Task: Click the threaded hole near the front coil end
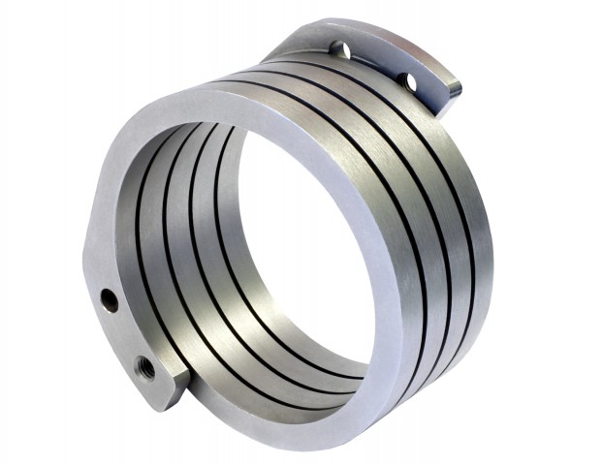[x=143, y=366]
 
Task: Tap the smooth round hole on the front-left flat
[x=109, y=299]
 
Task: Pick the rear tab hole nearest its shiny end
[x=407, y=81]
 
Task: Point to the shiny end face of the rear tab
[x=453, y=90]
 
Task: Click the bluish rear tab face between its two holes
[x=374, y=64]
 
